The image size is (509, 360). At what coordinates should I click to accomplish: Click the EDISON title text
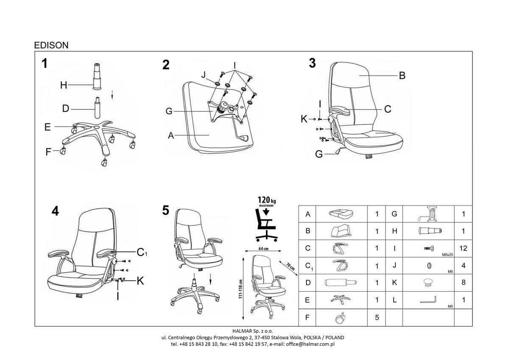[51, 45]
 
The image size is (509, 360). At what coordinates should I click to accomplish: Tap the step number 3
[312, 63]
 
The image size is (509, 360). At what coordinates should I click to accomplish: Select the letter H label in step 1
[64, 85]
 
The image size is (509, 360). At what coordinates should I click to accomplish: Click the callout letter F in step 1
[48, 152]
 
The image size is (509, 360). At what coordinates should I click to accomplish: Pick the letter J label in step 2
[203, 74]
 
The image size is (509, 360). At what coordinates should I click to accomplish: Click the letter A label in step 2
[171, 135]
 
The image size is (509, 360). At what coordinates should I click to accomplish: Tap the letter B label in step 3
[402, 76]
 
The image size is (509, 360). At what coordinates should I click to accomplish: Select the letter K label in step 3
[304, 119]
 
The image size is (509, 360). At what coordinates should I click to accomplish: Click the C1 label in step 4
[142, 252]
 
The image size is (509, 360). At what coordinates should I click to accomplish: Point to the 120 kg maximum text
[266, 202]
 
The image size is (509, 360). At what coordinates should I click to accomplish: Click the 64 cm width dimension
[263, 249]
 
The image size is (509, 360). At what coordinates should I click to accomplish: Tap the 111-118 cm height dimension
[241, 289]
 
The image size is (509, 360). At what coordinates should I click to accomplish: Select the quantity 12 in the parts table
[463, 248]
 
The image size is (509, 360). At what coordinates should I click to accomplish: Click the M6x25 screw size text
[447, 255]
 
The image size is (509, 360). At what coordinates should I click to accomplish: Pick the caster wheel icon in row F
[340, 318]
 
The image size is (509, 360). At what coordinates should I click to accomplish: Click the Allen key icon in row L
[428, 300]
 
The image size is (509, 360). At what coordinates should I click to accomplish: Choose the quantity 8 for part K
[463, 282]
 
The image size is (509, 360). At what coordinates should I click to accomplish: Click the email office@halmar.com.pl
[310, 344]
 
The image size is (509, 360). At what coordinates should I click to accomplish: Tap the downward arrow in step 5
[210, 279]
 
